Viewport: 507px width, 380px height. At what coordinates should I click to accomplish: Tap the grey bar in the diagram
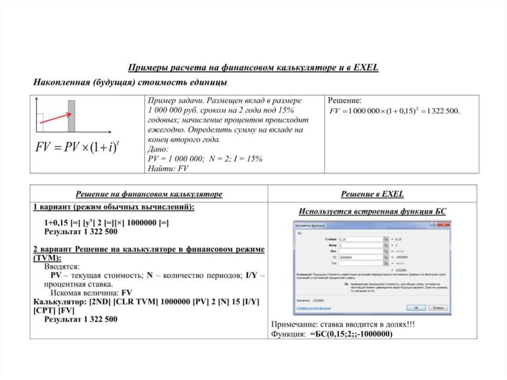click(x=71, y=116)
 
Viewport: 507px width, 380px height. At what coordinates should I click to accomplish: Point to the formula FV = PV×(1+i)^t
click(x=76, y=147)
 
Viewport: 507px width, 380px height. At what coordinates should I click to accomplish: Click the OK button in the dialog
click(x=416, y=308)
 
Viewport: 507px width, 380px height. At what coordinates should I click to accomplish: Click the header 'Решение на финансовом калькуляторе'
click(x=149, y=194)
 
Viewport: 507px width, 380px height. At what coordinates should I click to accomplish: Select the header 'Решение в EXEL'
click(x=372, y=194)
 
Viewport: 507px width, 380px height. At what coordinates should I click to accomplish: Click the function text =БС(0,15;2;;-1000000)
click(x=351, y=334)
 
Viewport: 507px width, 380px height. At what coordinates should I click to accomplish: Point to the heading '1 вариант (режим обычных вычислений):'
click(x=114, y=207)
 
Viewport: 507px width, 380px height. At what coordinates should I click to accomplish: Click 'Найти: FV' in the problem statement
click(x=168, y=168)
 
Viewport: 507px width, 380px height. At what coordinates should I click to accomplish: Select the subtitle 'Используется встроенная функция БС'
click(x=372, y=212)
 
